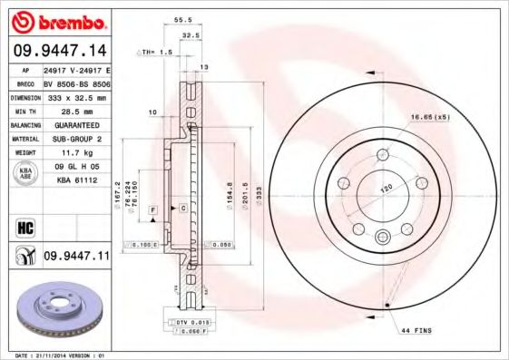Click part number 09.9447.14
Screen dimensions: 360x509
[x=57, y=51]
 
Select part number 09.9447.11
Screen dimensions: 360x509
[x=76, y=257]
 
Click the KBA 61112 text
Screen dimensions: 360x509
[x=76, y=180]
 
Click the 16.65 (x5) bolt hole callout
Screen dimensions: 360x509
[x=431, y=118]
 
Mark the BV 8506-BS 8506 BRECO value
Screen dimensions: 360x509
[x=76, y=82]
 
